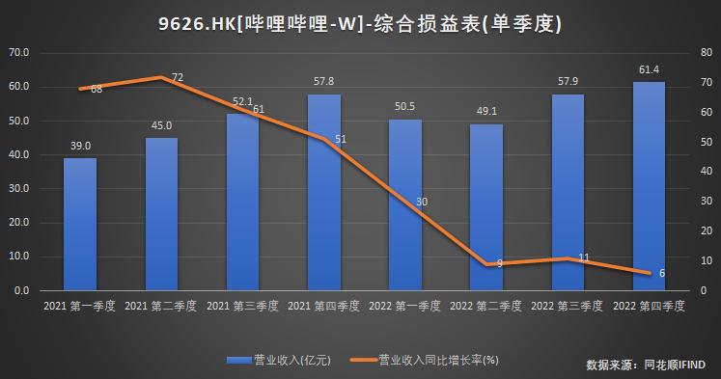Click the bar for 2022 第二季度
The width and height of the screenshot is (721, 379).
point(486,207)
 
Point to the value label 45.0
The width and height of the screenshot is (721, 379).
point(161,125)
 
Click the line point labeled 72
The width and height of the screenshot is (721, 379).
point(162,77)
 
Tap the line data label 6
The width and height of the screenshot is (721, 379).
point(661,273)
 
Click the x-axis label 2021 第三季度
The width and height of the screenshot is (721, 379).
point(242,306)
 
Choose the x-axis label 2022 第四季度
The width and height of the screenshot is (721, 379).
point(649,306)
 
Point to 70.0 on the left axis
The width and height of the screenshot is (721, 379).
point(19,52)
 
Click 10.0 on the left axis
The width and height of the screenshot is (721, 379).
point(19,257)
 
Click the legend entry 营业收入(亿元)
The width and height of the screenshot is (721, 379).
point(280,360)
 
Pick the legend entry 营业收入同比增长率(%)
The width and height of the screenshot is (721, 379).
point(434,360)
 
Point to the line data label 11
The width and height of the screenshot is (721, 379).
point(583,258)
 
